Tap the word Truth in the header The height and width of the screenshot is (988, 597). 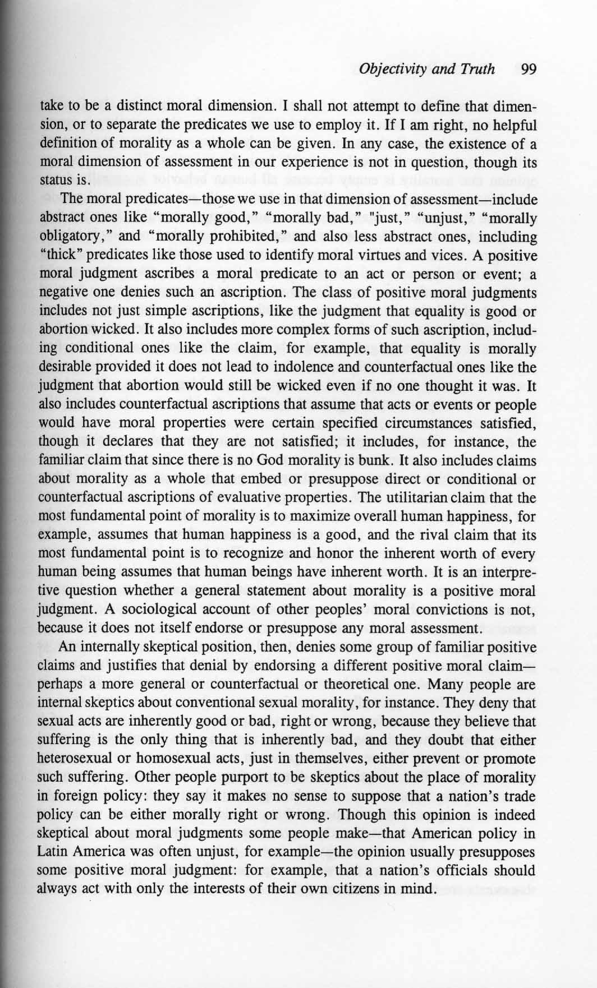point(476,70)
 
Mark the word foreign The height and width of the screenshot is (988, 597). point(72,796)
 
